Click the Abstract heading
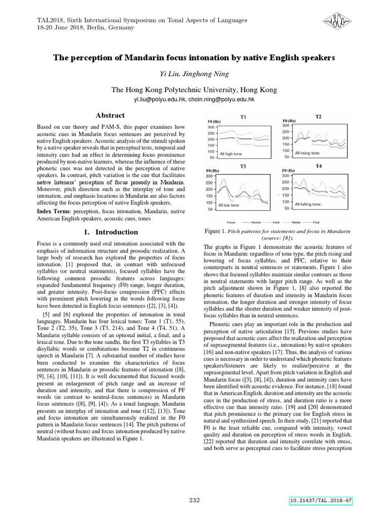click(110, 116)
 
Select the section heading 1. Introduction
click(110, 232)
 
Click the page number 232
click(194, 501)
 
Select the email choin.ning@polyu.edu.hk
click(222, 100)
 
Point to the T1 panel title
click(243, 117)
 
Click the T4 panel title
click(319, 166)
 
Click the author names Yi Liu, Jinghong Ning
click(194, 75)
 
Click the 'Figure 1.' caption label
click(216, 231)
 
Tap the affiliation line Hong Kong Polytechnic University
click(194, 90)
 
